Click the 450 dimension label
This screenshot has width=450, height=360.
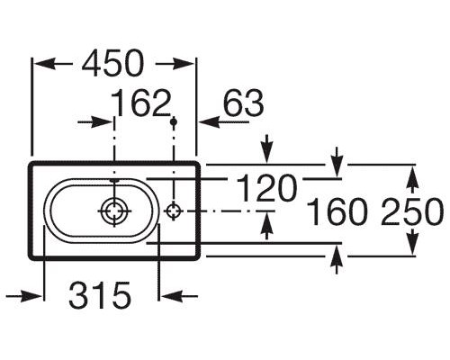coord(112,65)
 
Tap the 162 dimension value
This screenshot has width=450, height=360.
coord(141,106)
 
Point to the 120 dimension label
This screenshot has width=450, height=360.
coord(266,189)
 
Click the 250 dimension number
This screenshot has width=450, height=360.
coord(412,213)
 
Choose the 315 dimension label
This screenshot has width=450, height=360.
coord(100,293)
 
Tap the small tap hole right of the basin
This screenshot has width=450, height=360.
coord(174,211)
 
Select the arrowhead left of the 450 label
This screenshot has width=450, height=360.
coord(45,65)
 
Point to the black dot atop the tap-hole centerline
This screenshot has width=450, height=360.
coord(174,121)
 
